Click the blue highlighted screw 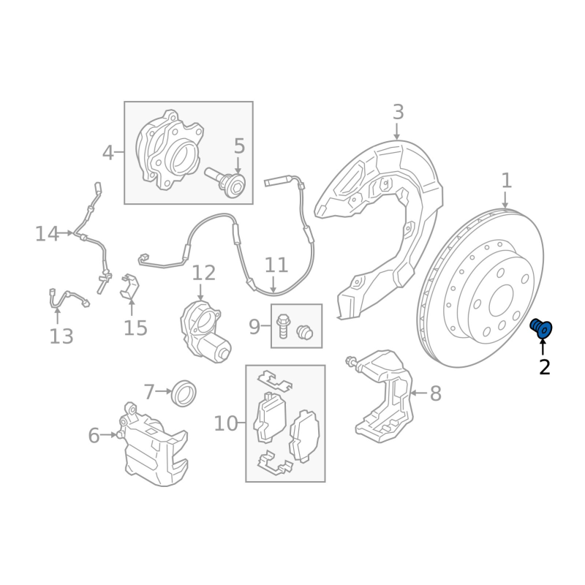[x=541, y=328]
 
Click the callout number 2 [x=544, y=368]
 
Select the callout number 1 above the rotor [x=506, y=181]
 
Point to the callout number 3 [x=398, y=112]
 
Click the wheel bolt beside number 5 [x=226, y=182]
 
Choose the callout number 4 [x=107, y=153]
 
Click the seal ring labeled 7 [x=184, y=393]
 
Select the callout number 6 [x=94, y=435]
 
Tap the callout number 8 [x=435, y=393]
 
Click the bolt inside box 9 [x=282, y=326]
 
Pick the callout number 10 [x=226, y=423]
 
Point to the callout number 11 [x=276, y=265]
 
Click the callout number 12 [x=204, y=273]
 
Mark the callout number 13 [x=61, y=336]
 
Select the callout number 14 [x=47, y=234]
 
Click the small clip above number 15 [x=129, y=286]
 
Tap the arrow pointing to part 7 [x=163, y=391]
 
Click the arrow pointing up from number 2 [x=542, y=346]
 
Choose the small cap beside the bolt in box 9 [x=304, y=332]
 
